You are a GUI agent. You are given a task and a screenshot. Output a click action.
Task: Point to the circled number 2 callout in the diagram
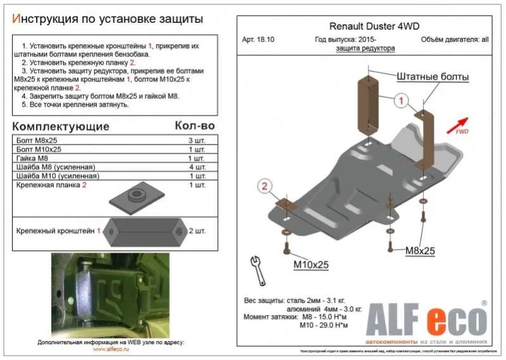coord(264,185)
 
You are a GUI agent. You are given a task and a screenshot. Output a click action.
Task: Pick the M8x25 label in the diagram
coord(420,251)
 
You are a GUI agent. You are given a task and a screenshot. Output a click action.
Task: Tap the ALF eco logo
coord(424,319)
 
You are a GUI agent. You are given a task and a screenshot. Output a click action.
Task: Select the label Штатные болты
coord(433,77)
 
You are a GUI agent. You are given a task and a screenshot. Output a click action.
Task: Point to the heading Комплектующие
coord(61,126)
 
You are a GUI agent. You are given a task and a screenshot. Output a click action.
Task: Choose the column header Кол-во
coord(194,125)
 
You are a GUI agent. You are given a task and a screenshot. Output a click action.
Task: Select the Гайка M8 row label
coord(32,158)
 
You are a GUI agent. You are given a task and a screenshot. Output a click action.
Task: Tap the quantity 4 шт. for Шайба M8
coord(196,167)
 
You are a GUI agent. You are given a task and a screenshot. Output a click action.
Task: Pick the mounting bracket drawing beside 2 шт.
coord(146,232)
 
